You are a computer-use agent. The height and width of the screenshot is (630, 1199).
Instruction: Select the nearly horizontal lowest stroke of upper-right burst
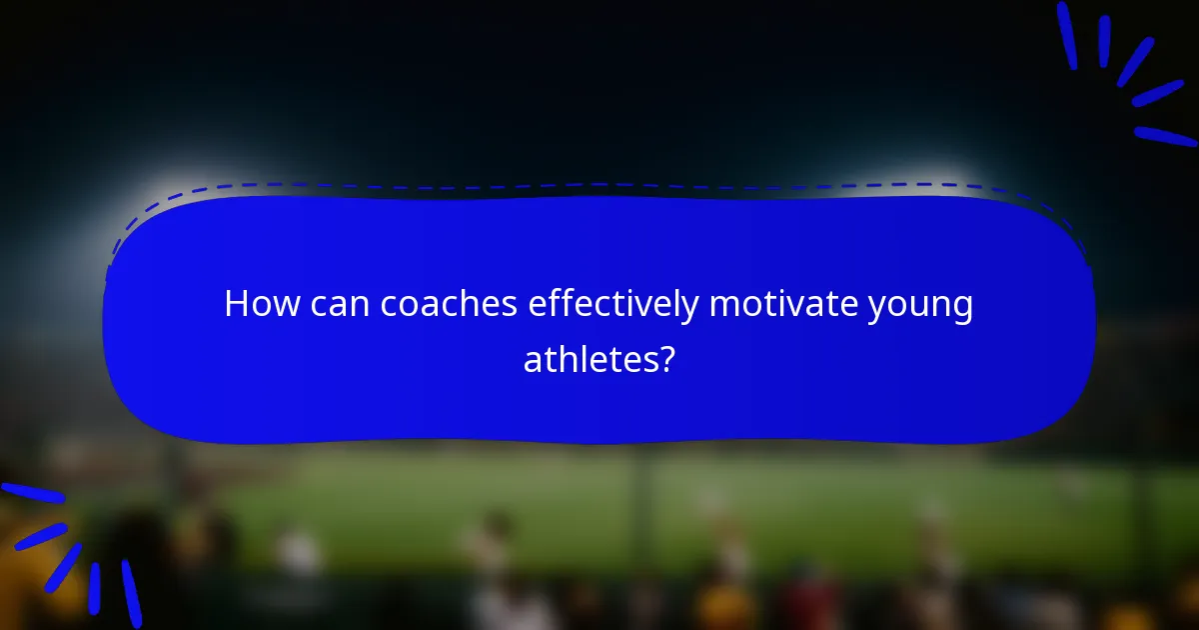click(x=1165, y=136)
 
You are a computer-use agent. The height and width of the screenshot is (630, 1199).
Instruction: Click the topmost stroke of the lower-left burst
click(x=32, y=492)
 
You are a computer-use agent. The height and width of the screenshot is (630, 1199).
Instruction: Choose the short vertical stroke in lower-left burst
click(x=95, y=588)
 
